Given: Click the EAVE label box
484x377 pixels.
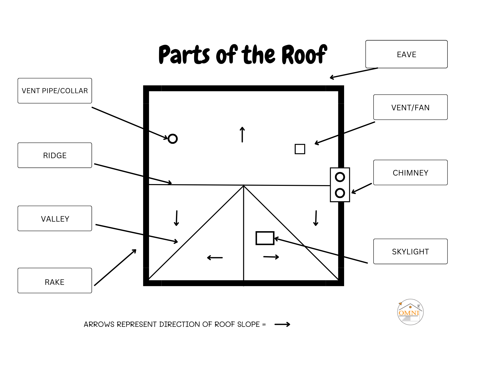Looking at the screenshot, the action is point(406,54).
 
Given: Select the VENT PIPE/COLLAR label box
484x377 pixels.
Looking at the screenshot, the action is point(55,91).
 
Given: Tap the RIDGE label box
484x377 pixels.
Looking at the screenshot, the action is point(55,155).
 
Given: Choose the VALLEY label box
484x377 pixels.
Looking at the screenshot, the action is point(55,219).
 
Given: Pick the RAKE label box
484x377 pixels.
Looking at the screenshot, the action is point(55,281).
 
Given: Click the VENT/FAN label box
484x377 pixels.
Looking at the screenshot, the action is point(410,107).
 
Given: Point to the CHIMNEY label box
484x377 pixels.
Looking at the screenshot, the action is point(410,173).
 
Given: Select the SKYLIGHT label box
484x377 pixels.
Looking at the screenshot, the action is point(410,251).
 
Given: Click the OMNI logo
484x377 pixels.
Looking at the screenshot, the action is point(410,312).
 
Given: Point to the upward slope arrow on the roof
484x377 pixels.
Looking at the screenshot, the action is point(242,135).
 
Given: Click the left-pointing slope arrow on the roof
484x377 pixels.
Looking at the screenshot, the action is point(215,258).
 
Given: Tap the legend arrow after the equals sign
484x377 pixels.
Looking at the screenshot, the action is point(282,324).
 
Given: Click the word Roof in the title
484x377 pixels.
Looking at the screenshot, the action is point(305,54).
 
